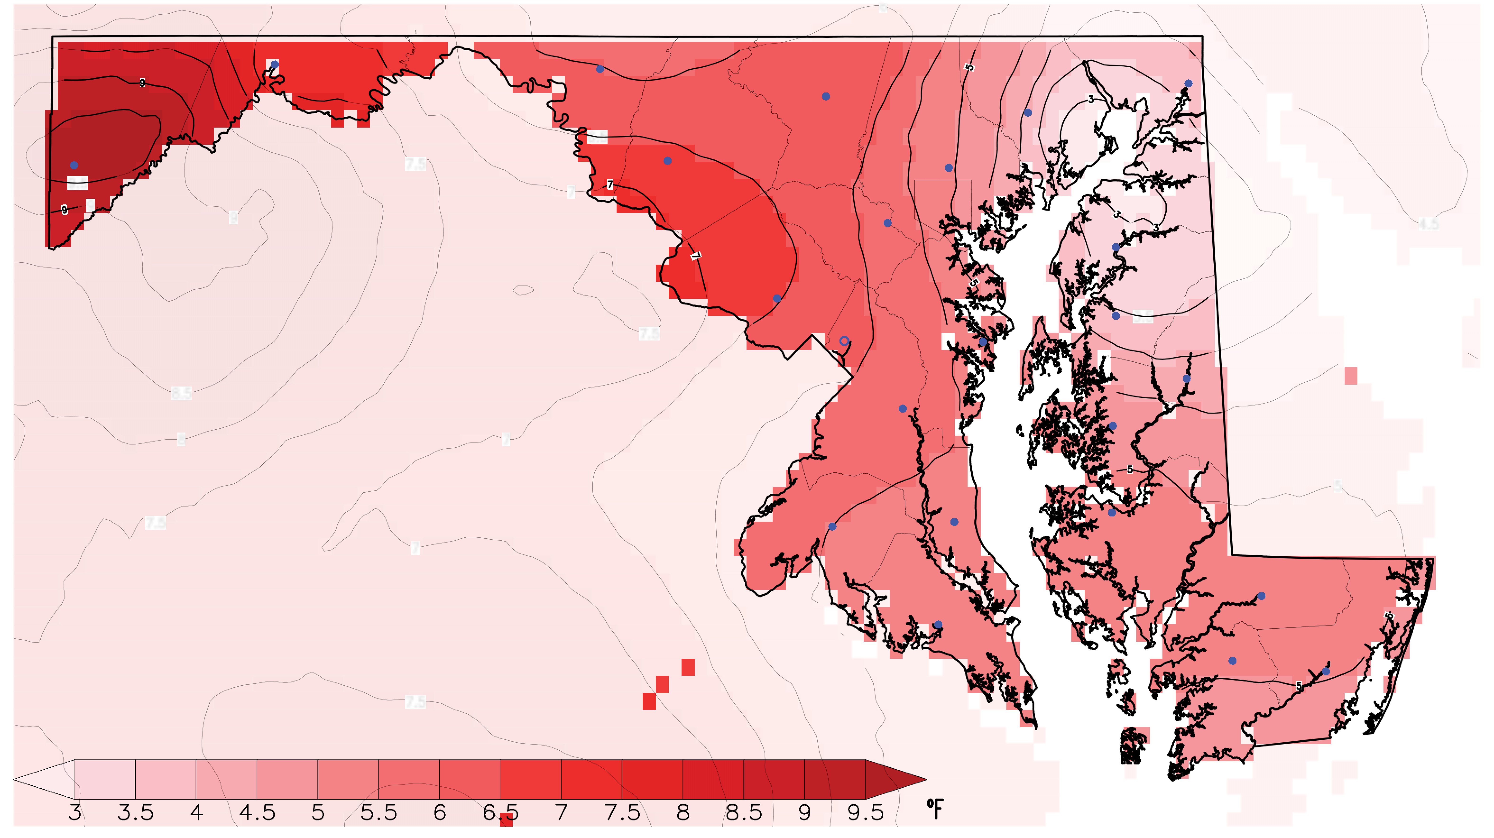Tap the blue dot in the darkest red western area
74,165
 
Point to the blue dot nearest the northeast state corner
1188,83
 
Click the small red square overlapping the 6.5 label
506,820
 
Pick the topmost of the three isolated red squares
688,667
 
